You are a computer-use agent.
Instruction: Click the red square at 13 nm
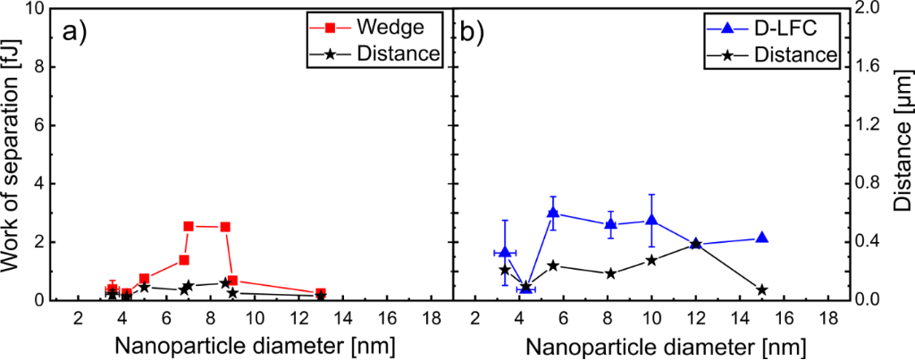[x=321, y=294]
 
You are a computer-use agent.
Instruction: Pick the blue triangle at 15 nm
[x=762, y=238]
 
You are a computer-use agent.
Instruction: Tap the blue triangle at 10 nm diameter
[x=652, y=220]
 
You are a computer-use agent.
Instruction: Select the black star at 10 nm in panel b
[x=652, y=260]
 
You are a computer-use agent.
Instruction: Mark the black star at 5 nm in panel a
[x=144, y=287]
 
